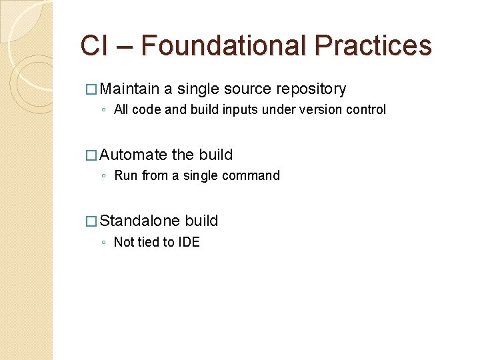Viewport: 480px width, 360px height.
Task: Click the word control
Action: [365, 109]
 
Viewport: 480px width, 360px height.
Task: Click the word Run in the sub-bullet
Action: [126, 176]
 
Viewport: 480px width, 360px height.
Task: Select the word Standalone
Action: [140, 221]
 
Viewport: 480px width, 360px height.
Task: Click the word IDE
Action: [188, 242]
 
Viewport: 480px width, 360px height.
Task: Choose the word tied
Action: [148, 242]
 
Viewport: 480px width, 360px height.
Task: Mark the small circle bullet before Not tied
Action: [104, 243]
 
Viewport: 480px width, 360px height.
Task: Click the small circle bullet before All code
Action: [104, 110]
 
